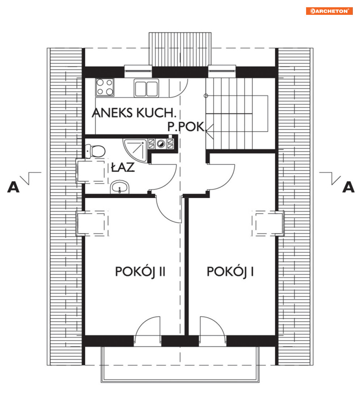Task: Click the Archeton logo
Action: [329, 11]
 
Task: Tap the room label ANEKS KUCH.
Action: [134, 113]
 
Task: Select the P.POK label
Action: [186, 127]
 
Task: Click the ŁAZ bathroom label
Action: [123, 167]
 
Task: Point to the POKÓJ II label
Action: [140, 272]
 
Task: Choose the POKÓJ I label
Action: [230, 272]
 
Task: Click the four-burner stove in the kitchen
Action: [105, 87]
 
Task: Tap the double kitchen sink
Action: [146, 88]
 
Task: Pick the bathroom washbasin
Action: [119, 187]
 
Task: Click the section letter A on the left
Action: [13, 187]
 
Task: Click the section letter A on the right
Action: [348, 187]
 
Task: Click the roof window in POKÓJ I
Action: [268, 223]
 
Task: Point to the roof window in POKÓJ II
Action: [92, 223]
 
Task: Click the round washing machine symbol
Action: [161, 144]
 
